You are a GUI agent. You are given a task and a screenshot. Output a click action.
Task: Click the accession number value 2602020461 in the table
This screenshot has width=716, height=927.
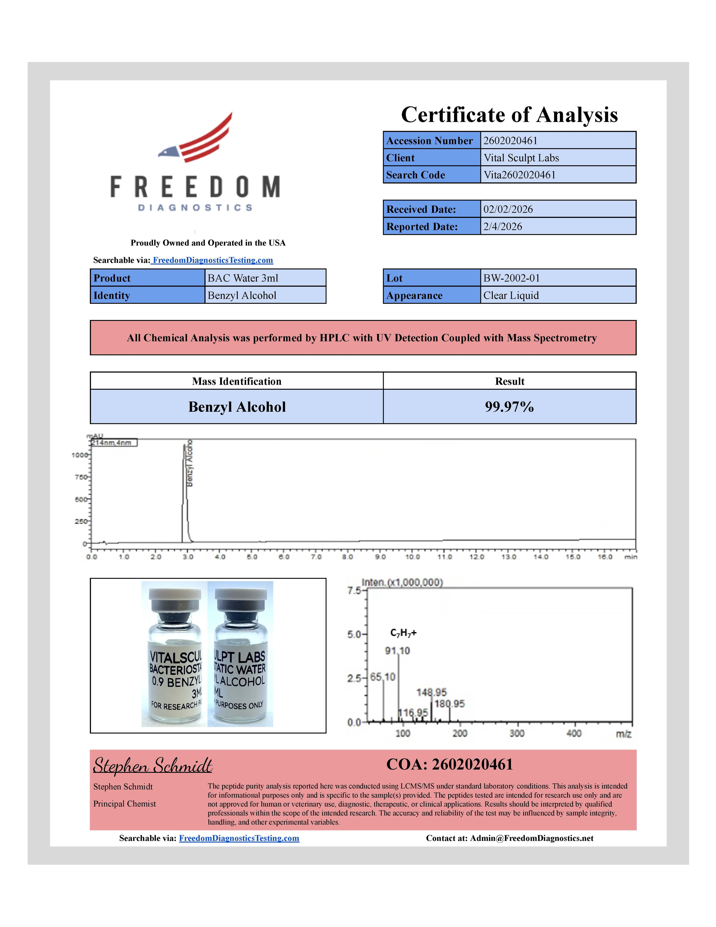click(x=510, y=140)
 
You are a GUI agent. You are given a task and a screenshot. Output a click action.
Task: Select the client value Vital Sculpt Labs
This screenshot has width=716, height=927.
click(x=521, y=158)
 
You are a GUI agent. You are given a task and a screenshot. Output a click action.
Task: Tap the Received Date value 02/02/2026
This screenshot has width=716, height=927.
click(x=508, y=209)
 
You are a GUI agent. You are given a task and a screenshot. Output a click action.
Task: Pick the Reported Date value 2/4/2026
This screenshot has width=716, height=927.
click(x=503, y=227)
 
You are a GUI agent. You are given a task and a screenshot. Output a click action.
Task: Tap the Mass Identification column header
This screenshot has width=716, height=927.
click(x=237, y=381)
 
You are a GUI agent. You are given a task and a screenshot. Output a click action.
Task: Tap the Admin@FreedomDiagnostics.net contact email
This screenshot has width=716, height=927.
click(x=531, y=838)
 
